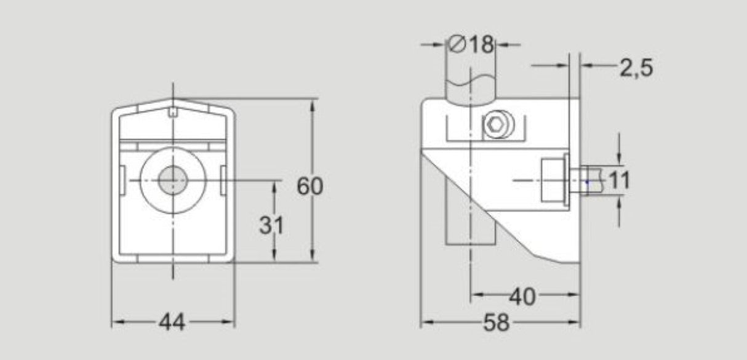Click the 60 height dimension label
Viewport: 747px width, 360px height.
click(310, 186)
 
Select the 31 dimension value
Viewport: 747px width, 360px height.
click(271, 226)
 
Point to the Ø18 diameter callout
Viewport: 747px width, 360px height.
click(472, 44)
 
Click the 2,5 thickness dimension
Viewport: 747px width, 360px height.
click(636, 68)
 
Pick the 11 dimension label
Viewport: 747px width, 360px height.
click(620, 180)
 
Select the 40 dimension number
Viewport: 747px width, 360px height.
click(522, 297)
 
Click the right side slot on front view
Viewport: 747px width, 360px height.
click(223, 180)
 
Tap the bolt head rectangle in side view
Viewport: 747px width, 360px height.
click(554, 180)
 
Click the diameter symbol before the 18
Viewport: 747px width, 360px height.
click(457, 44)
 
